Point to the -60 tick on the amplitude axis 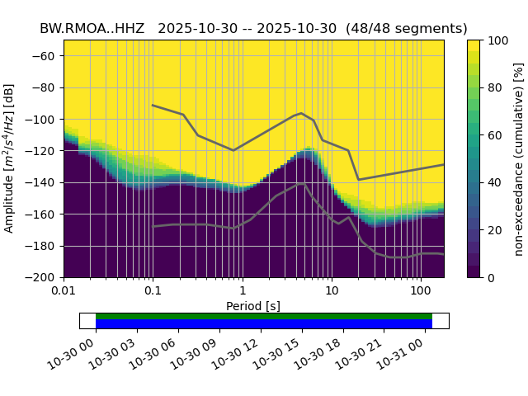pos(47,56)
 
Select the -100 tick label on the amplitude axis pos(45,120)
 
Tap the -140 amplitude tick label pos(45,183)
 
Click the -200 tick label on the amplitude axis pos(45,278)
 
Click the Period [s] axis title pos(253,306)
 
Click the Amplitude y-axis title pos(10,158)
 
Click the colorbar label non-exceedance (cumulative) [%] pos(519,158)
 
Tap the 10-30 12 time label pos(240,354)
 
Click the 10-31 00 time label pos(404,354)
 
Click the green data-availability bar pos(264,316)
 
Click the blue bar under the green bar pos(264,324)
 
